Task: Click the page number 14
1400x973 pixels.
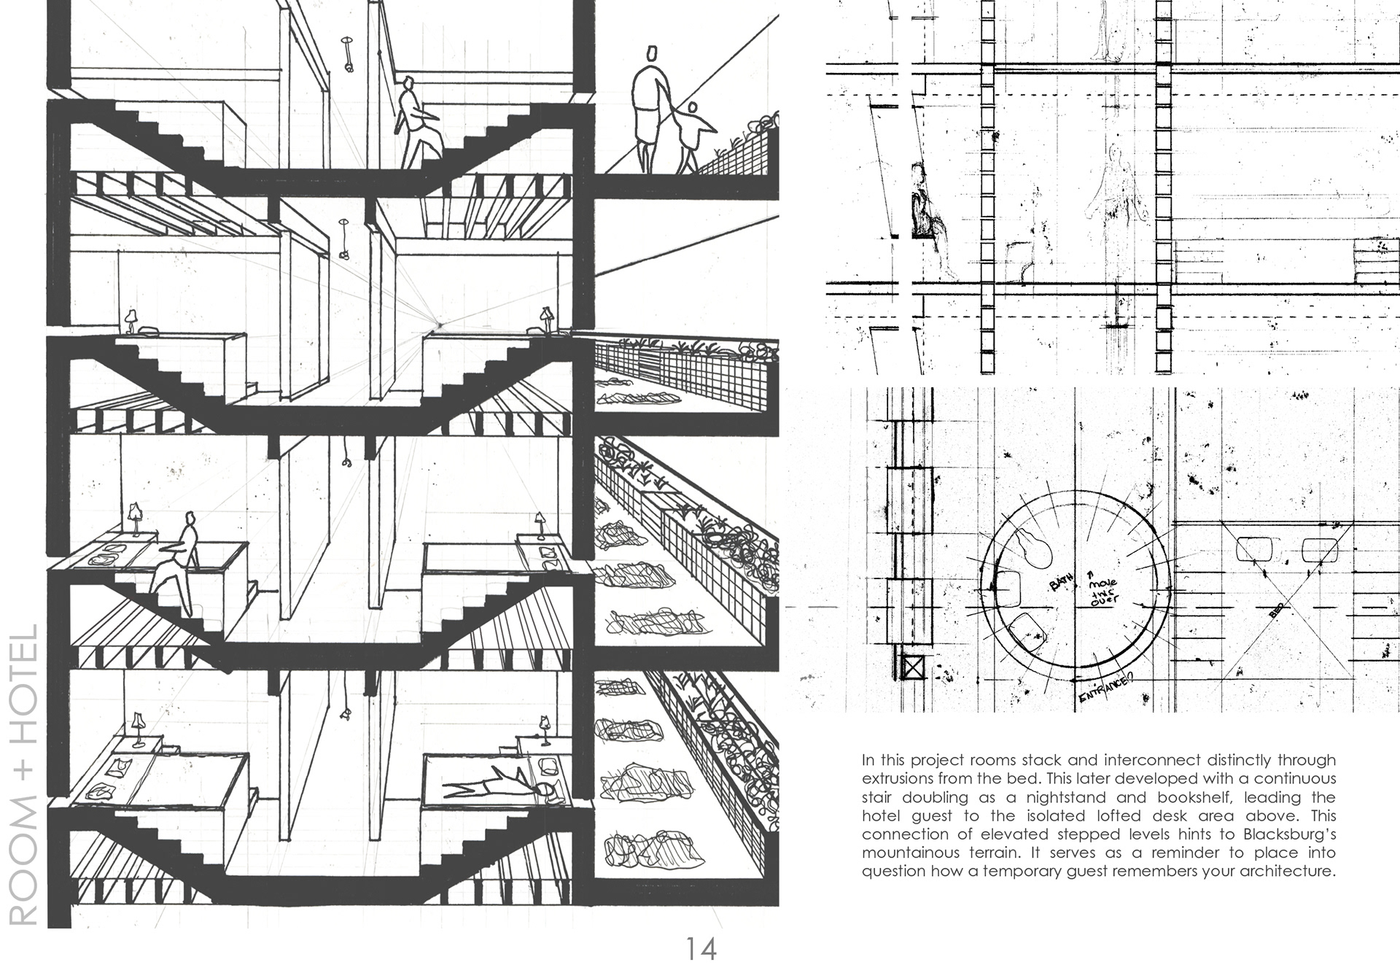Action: click(x=700, y=948)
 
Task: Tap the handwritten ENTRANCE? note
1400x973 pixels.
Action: click(x=1104, y=689)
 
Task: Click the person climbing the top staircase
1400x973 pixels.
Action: click(x=416, y=124)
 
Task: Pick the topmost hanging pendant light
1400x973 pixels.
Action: click(x=349, y=55)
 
